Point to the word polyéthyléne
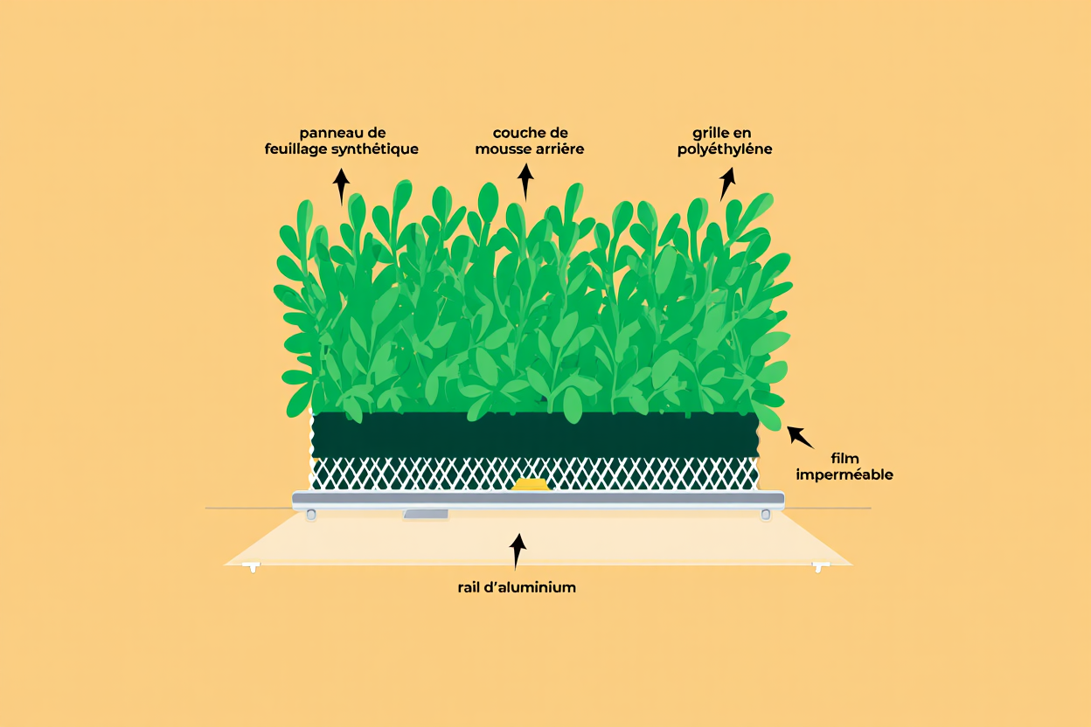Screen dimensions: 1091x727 point(725,149)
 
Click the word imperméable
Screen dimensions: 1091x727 point(844,474)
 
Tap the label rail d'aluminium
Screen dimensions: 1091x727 point(517,587)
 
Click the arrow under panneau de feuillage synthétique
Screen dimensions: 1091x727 point(341,186)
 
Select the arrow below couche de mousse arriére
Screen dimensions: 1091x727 point(525,182)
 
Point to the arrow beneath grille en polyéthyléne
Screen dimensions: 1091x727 point(727,184)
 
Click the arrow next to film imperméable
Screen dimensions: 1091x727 point(800,437)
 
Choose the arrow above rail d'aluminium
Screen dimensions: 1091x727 point(518,551)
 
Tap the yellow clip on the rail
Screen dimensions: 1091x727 point(531,484)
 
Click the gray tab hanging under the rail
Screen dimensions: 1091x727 point(426,514)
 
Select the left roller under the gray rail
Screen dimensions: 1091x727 point(311,514)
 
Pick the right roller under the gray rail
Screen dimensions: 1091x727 point(766,514)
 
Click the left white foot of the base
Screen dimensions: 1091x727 point(253,567)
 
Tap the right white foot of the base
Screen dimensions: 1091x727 point(820,567)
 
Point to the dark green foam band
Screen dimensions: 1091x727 point(535,435)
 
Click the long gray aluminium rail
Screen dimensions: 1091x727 point(539,500)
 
